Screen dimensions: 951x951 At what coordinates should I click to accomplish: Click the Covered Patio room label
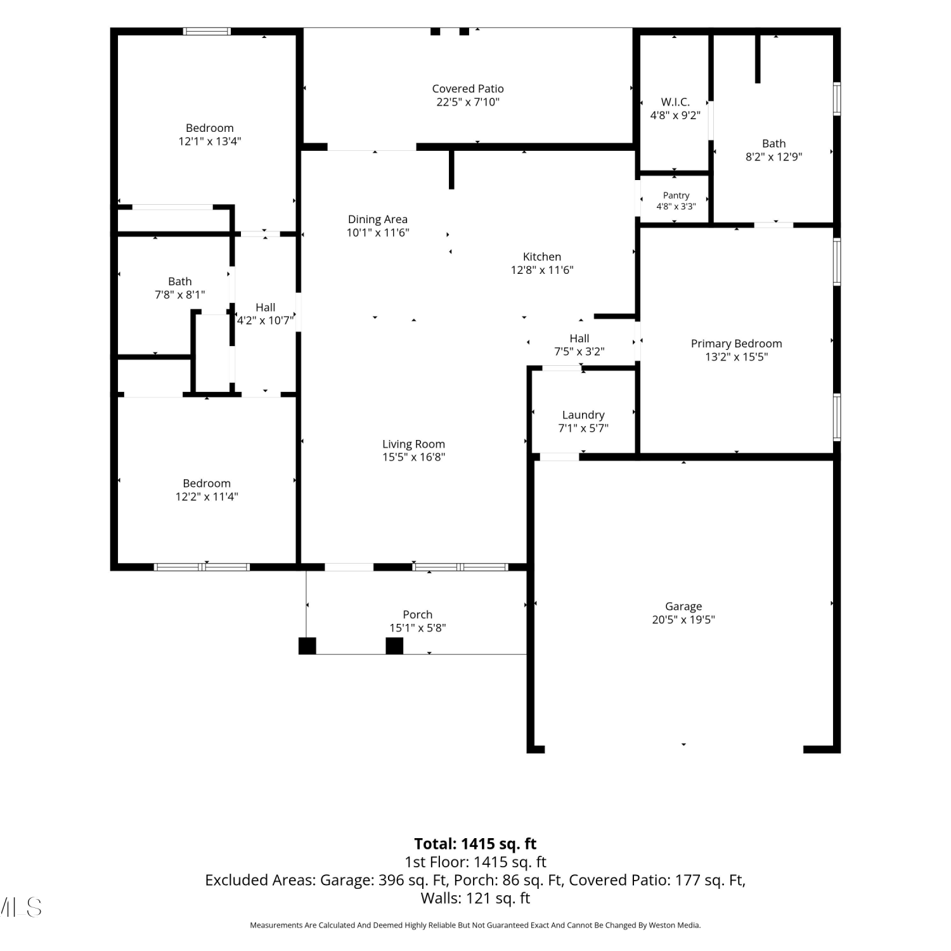coord(468,89)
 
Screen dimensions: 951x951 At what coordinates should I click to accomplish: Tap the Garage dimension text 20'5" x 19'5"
coord(683,620)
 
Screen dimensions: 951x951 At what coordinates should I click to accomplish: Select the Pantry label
coord(676,196)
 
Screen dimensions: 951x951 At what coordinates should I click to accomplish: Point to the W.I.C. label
coord(675,102)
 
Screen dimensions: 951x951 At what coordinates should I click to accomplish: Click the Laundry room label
coord(583,415)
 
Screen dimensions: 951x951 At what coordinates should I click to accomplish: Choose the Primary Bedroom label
coord(737,344)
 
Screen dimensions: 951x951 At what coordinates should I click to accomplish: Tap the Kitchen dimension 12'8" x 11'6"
coord(542,270)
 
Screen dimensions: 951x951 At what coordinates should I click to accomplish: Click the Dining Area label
coord(378,220)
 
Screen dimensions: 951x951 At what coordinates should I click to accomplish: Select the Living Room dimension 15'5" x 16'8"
coord(413,457)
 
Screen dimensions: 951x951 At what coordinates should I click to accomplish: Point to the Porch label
coord(418,615)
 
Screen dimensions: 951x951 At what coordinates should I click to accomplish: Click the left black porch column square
coord(307,646)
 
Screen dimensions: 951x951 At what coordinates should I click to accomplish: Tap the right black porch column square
coord(394,646)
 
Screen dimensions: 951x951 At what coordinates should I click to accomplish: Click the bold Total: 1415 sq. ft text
coord(475,844)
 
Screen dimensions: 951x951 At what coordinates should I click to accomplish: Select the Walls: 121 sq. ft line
coord(475,898)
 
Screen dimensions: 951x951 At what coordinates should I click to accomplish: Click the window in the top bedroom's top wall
coord(207,31)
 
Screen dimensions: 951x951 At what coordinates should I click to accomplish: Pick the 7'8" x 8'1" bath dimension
coord(180,295)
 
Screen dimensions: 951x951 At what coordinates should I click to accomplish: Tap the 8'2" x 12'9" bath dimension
coord(774,157)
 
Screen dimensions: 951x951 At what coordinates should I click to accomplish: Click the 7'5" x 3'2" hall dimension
coord(579,352)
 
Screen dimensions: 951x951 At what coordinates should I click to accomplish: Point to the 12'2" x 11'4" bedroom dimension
coord(207,497)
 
